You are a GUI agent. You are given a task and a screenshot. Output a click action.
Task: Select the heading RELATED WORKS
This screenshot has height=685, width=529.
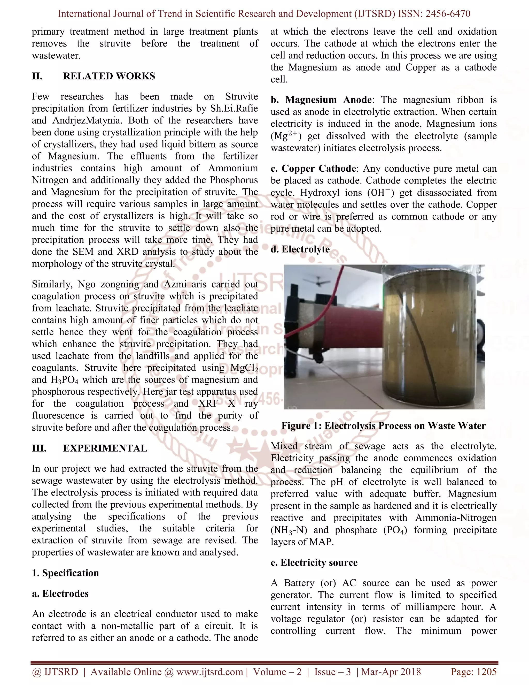click(x=109, y=76)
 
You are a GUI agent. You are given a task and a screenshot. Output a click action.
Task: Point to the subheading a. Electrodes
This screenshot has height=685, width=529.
click(x=60, y=593)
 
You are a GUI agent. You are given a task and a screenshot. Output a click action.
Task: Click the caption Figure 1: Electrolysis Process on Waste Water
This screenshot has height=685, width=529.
click(x=383, y=426)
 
